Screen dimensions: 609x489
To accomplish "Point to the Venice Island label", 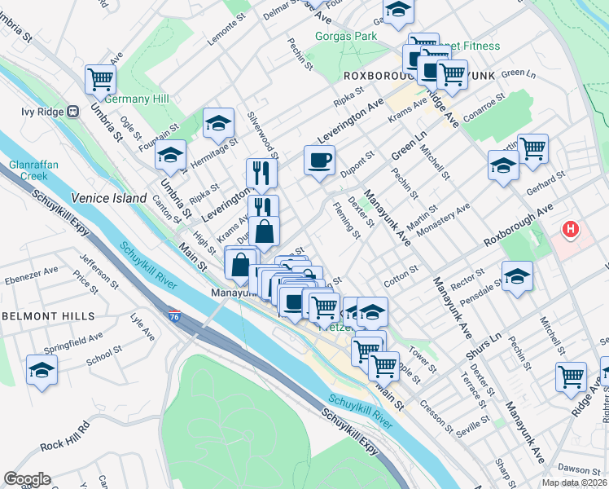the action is click(109, 198).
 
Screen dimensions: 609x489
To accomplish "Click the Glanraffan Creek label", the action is click(29, 170).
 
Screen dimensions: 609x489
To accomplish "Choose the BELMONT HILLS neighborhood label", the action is click(48, 315).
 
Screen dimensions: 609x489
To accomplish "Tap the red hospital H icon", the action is click(571, 230).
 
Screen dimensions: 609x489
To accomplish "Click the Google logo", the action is click(27, 479).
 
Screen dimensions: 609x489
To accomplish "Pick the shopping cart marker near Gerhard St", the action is click(532, 149).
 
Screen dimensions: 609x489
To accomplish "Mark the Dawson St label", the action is click(580, 469).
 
